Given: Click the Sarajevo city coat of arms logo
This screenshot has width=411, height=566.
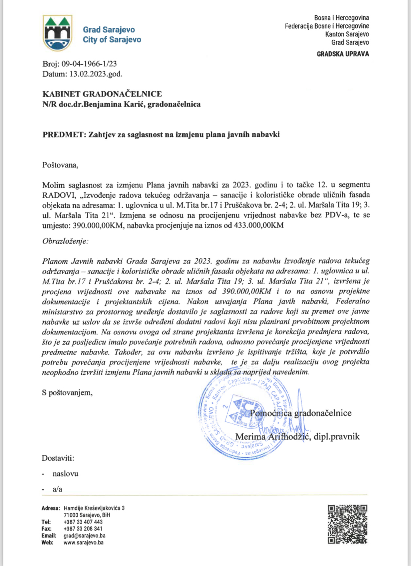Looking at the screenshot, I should [58, 33].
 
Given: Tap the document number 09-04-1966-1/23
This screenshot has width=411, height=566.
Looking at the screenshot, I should [89, 64].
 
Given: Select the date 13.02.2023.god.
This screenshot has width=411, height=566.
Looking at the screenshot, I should [96, 74].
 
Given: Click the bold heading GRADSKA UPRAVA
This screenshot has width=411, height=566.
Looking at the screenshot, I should [343, 54].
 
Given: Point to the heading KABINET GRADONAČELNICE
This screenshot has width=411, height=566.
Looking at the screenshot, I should [102, 94].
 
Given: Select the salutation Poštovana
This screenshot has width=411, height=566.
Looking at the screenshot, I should [60, 165].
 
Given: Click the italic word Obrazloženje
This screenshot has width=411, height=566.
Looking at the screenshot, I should [65, 241].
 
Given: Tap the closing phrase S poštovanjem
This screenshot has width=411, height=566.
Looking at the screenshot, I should [67, 393].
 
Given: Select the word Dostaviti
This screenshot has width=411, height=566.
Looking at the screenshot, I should [58, 458].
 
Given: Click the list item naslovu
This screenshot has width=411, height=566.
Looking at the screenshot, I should [66, 474].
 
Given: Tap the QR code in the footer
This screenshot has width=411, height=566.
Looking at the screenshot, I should [348, 524].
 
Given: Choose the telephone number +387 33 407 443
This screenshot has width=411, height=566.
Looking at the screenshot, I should [83, 522].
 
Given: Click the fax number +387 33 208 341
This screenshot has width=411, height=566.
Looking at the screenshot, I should [83, 529].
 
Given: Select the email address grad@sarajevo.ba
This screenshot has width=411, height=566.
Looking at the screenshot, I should [84, 536].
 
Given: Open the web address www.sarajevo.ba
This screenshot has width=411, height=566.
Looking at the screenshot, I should [83, 543].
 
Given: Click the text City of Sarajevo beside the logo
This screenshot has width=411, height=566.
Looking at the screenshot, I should [112, 40].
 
